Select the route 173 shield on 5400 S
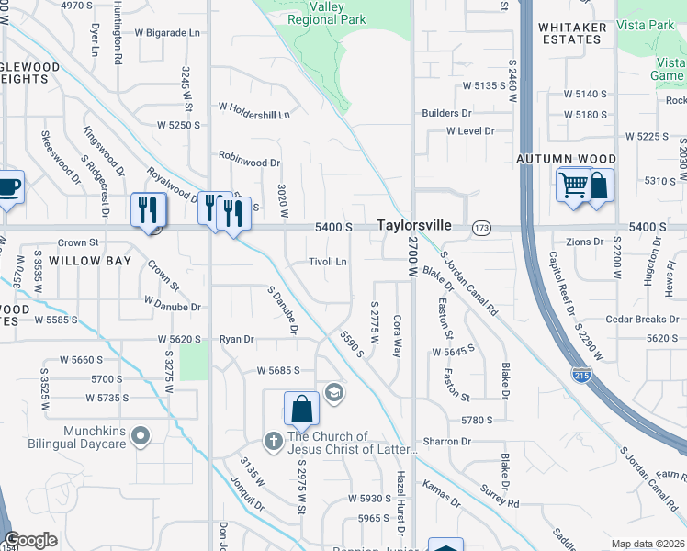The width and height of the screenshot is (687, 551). (480, 226)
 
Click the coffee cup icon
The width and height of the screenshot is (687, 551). (8, 187)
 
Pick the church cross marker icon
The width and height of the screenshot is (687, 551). (273, 442)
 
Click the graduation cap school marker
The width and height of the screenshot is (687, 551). (333, 392)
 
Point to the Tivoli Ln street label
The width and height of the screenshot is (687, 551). (328, 262)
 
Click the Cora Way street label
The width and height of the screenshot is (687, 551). (398, 336)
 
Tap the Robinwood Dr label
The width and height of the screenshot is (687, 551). (249, 163)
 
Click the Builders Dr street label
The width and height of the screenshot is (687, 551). (446, 113)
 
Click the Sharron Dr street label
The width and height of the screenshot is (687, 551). (447, 442)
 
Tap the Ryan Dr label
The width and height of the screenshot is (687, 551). (236, 339)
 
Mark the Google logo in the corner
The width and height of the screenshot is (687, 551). (30, 541)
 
